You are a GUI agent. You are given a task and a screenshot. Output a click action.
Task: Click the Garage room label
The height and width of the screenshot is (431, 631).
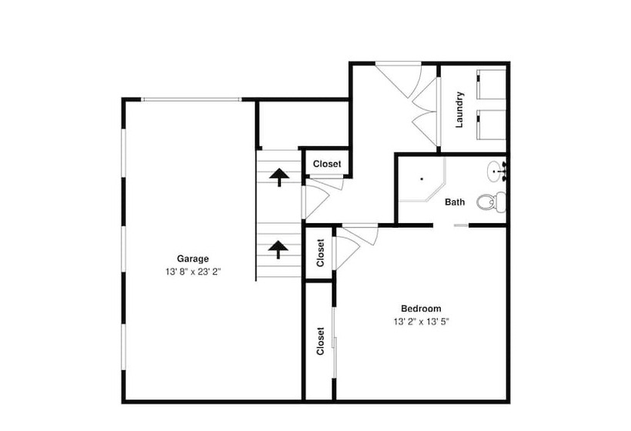192,259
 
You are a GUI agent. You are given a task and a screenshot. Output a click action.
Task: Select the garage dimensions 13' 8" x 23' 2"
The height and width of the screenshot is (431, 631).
193,272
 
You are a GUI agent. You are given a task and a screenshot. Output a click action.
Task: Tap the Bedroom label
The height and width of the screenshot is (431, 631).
421,309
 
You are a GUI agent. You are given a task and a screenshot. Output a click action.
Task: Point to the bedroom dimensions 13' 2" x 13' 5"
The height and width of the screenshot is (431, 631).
421,322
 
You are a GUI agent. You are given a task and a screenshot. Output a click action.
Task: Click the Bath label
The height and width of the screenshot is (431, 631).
455,202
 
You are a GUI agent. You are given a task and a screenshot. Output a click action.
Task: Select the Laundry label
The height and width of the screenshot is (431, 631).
459,110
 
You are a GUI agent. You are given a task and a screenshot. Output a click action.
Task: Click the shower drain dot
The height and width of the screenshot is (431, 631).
422,179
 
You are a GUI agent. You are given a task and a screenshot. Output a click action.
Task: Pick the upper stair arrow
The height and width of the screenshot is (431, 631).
279,177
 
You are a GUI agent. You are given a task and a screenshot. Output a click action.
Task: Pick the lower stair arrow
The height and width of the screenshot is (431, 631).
279,249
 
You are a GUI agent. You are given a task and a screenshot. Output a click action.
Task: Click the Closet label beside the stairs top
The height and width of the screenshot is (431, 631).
327,164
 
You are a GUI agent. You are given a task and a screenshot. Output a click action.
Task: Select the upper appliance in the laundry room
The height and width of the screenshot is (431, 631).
492,84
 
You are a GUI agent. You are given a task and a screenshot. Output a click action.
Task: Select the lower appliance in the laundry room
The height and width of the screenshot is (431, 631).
492,125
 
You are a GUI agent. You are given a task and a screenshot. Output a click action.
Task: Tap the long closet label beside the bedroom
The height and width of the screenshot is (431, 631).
320,341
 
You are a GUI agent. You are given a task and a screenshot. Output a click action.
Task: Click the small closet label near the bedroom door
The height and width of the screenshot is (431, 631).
320,252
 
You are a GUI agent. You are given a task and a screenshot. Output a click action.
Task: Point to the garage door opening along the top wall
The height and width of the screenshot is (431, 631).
191,99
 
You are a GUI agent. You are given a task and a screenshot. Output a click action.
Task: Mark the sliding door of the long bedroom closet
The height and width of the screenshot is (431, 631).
334,342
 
